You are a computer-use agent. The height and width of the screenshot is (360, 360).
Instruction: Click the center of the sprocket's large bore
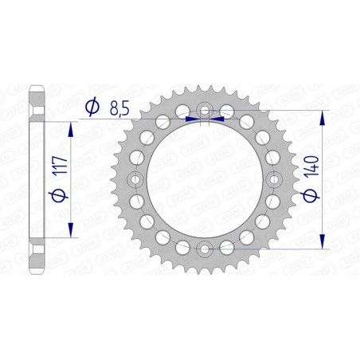205,180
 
